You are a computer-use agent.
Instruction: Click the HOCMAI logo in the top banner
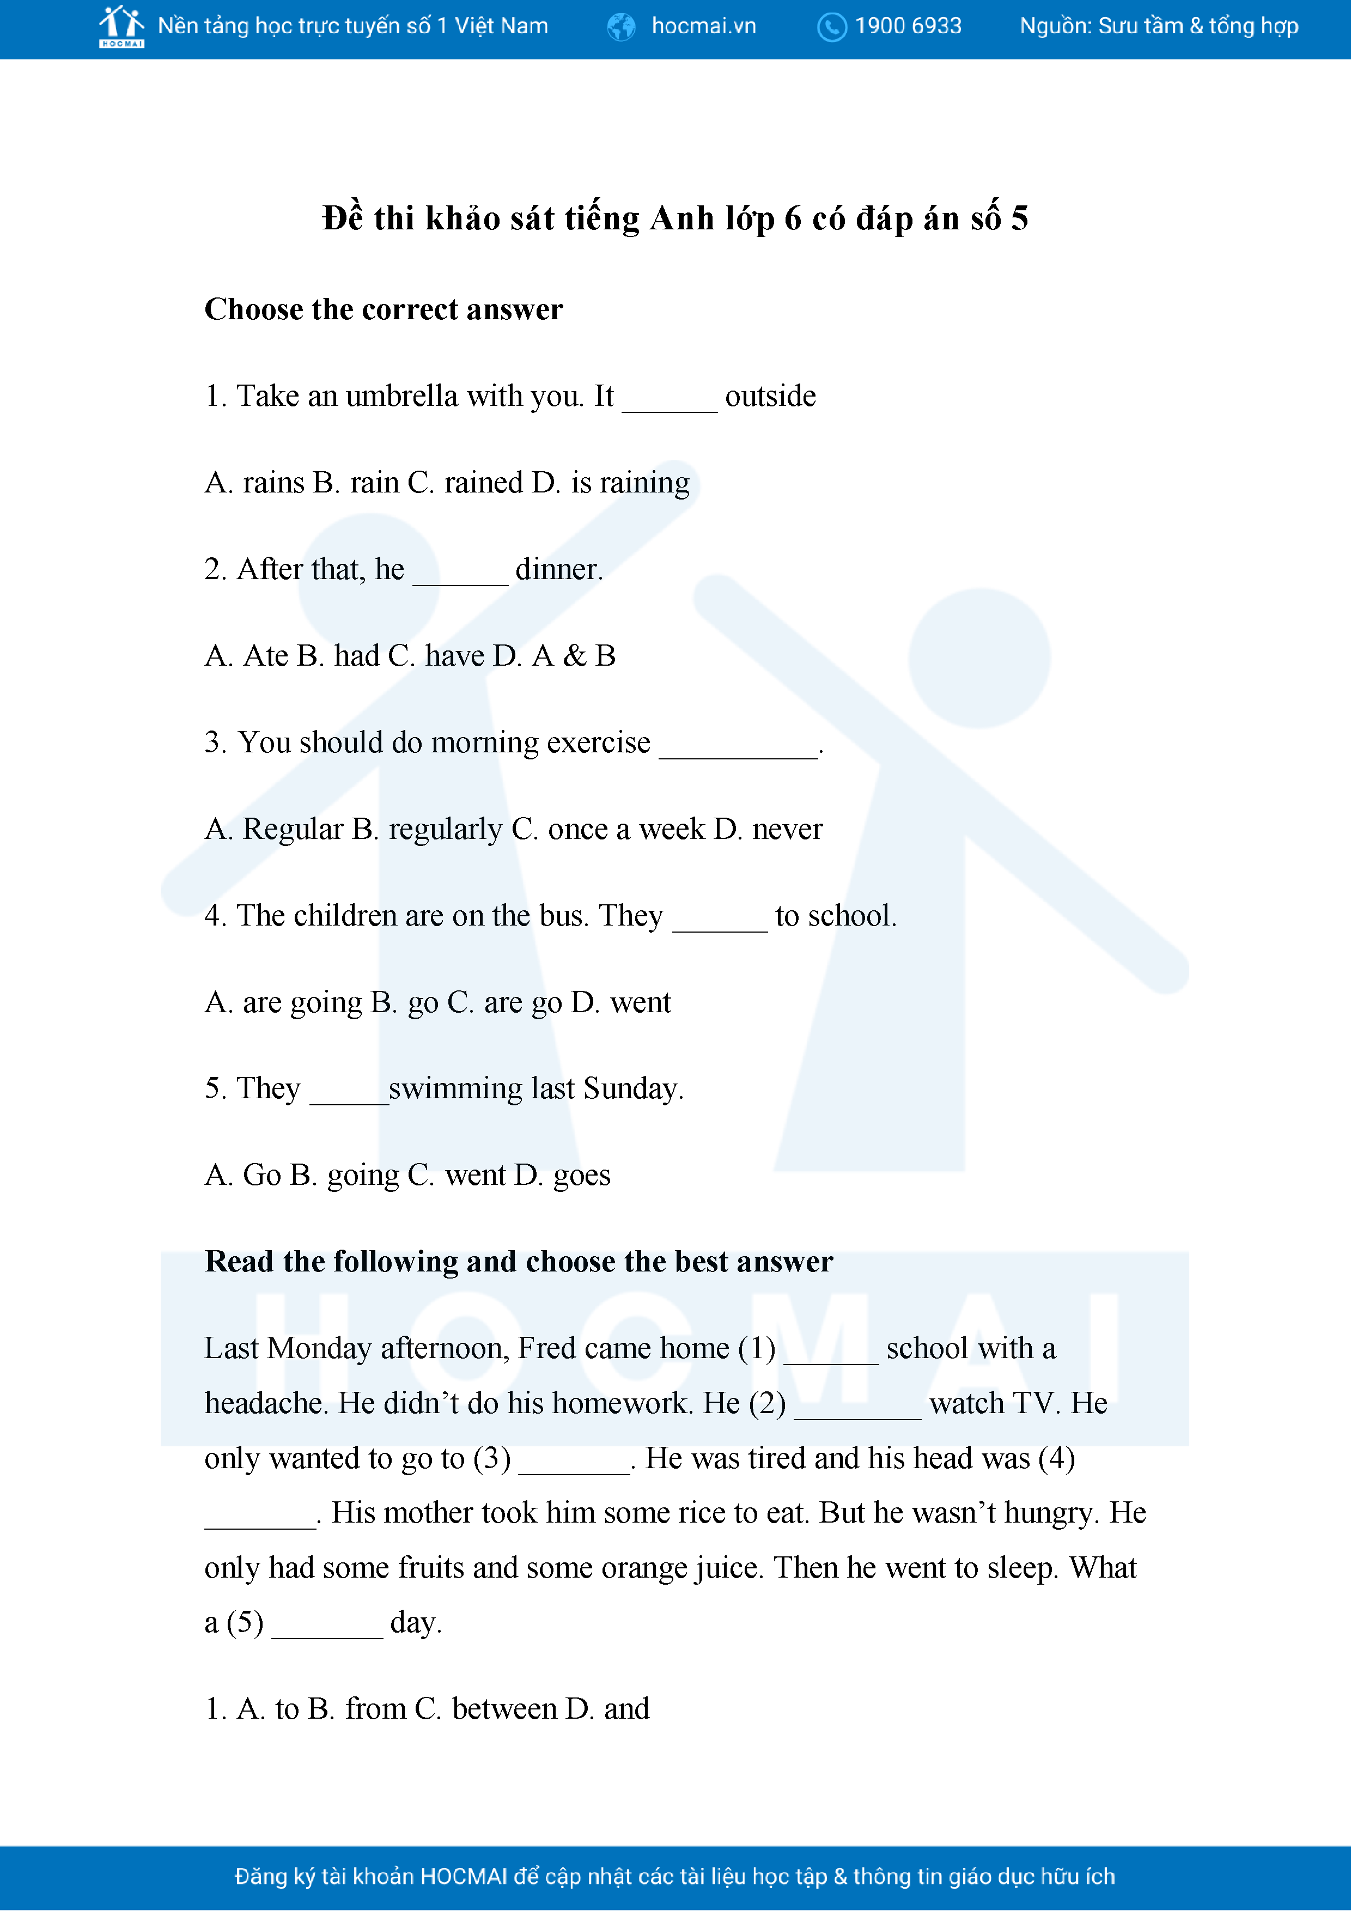[x=121, y=27]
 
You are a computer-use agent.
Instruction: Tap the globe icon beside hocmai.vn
[x=621, y=27]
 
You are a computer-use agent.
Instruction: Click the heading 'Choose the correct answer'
[x=384, y=309]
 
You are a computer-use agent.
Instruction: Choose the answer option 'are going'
[x=303, y=1003]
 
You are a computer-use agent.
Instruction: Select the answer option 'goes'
[x=582, y=1175]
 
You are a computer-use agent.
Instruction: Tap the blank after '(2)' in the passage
[x=857, y=1413]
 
